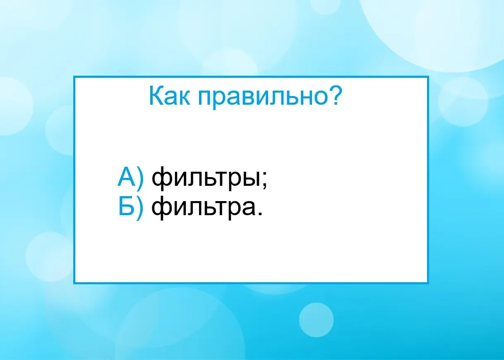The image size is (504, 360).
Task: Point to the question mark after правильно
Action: coord(335,96)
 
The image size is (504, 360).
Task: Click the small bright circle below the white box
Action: coord(316,320)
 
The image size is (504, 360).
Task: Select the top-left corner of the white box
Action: coord(74,77)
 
